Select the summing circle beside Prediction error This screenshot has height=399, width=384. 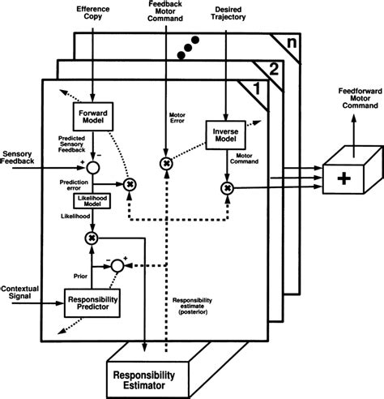coord(95,169)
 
